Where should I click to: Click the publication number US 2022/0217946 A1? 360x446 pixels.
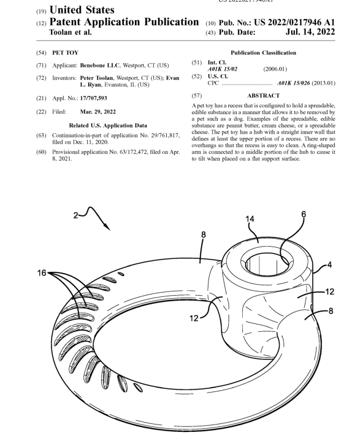294,22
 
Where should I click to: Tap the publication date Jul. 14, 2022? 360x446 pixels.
310,31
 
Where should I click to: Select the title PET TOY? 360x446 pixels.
66,53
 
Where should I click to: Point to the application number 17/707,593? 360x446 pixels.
94,98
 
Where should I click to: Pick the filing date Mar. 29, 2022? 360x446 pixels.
98,112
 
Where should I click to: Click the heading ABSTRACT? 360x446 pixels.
263,96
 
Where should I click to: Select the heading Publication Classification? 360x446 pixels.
263,53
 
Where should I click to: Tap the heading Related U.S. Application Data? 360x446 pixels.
108,125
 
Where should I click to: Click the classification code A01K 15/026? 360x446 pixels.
294,83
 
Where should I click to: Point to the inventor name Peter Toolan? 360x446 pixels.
96,78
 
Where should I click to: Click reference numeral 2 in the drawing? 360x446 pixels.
75,215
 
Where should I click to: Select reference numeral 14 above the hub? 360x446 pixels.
250,219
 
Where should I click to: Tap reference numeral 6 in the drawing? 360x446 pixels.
304,214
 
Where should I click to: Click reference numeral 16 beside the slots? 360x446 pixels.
42,273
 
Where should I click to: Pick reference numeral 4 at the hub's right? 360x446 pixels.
329,265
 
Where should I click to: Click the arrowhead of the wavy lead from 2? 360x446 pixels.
107,227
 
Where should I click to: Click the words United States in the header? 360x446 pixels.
82,10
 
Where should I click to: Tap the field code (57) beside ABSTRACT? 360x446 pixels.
196,96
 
